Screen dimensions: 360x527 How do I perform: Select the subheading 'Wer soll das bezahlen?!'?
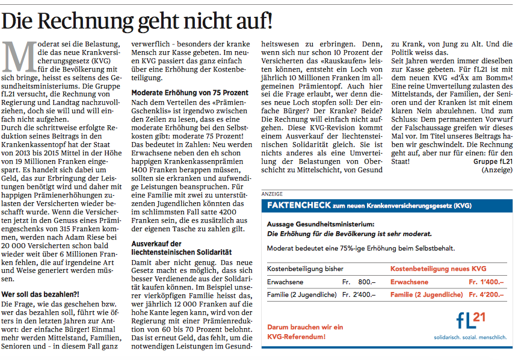tap(40, 295)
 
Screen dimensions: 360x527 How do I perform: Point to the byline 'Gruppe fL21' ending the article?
tap(493, 161)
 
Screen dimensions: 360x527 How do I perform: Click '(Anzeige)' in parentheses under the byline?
tap(497, 170)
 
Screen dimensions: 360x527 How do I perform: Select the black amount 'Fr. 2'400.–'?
tap(359, 295)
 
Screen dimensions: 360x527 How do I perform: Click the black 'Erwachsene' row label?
tap(285, 282)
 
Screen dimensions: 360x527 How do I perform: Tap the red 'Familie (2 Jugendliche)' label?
tap(427, 295)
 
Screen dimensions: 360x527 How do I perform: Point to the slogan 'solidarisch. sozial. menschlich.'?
tap(470, 337)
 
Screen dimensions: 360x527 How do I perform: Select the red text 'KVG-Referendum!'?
tap(296, 337)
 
